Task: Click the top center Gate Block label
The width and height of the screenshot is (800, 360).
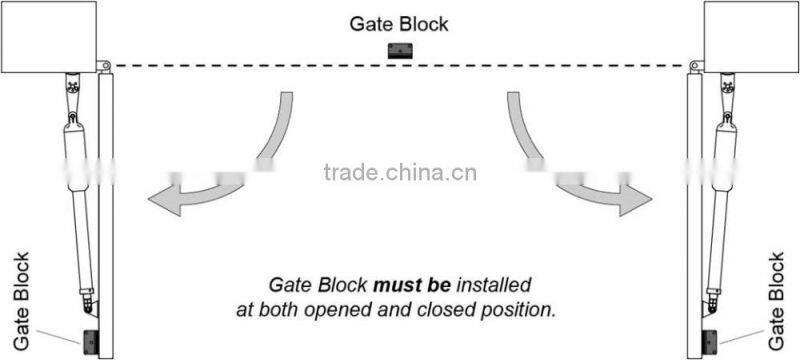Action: [399, 22]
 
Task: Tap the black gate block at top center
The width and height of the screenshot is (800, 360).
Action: [400, 53]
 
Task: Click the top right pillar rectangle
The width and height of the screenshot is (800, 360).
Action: [751, 36]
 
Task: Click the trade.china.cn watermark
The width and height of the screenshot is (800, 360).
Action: [400, 171]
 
